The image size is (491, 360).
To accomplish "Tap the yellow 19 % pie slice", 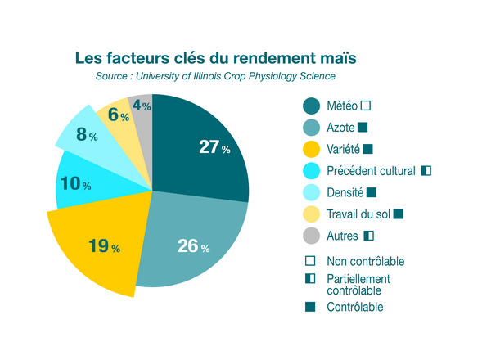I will [98, 245].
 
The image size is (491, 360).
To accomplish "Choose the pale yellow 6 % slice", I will [119, 115].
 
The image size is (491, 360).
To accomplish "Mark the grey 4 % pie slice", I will [142, 106].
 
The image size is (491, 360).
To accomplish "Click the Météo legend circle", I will [311, 106].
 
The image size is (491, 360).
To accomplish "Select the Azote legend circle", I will [311, 127].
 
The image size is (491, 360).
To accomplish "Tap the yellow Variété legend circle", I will [311, 149].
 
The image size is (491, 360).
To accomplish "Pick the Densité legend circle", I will [311, 192].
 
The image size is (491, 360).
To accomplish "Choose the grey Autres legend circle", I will [311, 236].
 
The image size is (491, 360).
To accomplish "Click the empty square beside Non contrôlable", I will [310, 261].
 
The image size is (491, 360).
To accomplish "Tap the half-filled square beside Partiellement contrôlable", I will [310, 279].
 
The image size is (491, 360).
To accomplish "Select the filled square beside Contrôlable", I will [310, 307].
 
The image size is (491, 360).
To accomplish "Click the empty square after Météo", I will [365, 106].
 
